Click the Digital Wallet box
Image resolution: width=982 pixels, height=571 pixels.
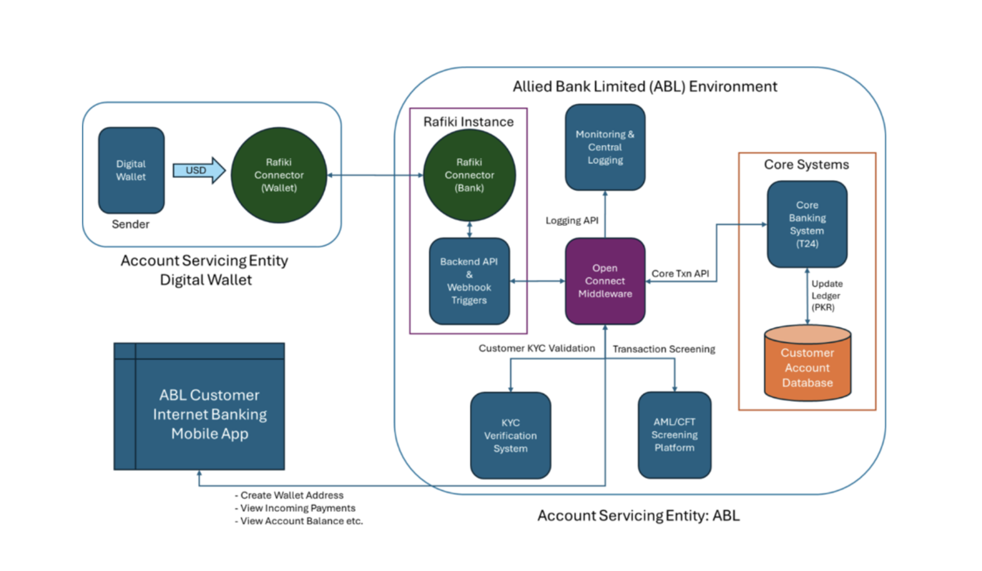[x=131, y=170]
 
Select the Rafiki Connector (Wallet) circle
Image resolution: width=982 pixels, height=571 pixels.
[x=279, y=175]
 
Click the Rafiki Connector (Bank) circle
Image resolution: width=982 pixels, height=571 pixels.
[x=469, y=175]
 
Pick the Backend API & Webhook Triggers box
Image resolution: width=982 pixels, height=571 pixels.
[x=469, y=281]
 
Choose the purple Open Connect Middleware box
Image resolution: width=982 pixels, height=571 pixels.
[x=605, y=281]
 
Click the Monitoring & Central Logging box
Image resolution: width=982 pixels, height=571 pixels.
[x=605, y=147]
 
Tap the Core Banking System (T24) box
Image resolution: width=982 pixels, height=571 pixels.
[x=807, y=224]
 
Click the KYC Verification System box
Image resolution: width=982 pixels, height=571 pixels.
[x=510, y=435]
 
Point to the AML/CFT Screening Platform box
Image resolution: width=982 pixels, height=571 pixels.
[x=674, y=435]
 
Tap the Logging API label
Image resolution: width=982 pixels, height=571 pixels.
[x=572, y=221]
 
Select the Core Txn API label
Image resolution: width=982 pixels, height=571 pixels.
[x=680, y=273]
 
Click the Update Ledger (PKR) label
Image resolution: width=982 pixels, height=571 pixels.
[x=826, y=295]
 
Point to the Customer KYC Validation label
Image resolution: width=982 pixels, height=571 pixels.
[x=537, y=348]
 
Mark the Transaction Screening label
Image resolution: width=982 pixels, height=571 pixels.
[x=663, y=349]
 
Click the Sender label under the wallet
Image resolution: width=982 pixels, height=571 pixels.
[x=131, y=224]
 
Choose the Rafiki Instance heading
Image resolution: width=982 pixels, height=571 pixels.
[x=468, y=122]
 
